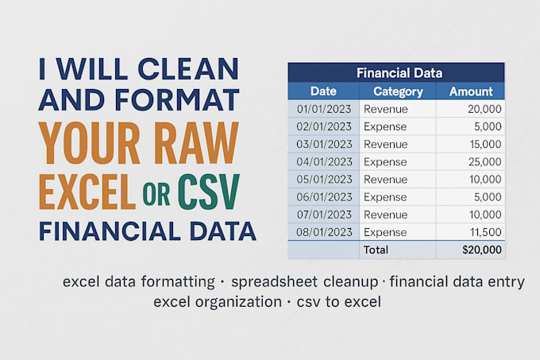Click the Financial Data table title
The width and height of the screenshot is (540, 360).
pos(399,73)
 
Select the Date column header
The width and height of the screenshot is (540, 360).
pos(323,91)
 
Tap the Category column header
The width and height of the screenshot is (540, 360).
pos(398,91)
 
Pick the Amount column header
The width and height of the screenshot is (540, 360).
pos(471,91)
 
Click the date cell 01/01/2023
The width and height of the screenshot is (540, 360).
pos(324,109)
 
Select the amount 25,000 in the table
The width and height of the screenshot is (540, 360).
pos(485,162)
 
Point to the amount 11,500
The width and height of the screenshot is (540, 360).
pos(485,232)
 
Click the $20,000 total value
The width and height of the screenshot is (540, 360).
pos(482,250)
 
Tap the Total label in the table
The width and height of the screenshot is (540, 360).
pos(376,250)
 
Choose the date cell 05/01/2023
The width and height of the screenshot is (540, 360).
pos(324,180)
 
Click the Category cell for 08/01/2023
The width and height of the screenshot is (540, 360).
pos(385,233)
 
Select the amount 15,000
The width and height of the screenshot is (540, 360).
pos(485,145)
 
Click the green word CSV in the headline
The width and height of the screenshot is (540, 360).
pos(208,192)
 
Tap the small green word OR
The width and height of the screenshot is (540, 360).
pos(156,194)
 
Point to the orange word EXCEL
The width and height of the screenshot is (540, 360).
pos(87,192)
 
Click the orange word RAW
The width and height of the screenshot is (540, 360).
pos(196,142)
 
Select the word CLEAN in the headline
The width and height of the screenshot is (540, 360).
pos(188,69)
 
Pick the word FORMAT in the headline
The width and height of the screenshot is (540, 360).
pos(177,100)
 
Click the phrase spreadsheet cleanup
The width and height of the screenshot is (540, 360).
pos(304,282)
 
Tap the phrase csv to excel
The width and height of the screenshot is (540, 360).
pos(339,302)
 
